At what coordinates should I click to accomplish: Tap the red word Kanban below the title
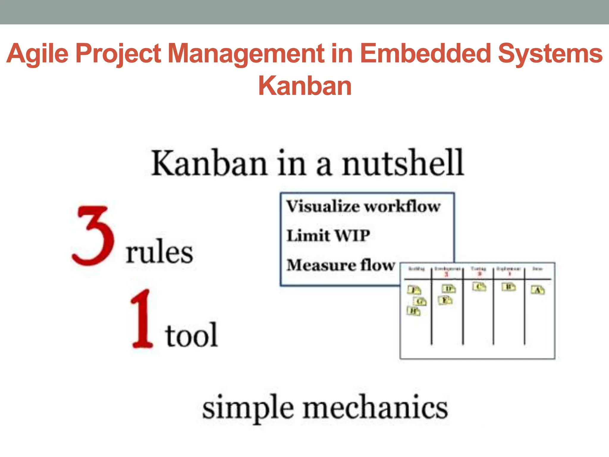[305, 86]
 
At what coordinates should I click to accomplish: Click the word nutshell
[403, 163]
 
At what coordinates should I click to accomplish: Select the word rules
[159, 252]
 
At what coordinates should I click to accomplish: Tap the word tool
[191, 336]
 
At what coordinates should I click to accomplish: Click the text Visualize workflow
[363, 206]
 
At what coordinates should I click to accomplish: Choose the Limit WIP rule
[328, 236]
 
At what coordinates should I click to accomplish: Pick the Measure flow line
[341, 265]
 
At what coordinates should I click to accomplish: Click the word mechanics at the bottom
[375, 408]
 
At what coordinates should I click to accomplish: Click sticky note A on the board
[538, 290]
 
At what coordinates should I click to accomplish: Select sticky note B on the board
[508, 287]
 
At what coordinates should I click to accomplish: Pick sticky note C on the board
[479, 287]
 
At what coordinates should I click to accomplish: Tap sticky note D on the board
[448, 289]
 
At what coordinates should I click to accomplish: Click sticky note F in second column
[445, 300]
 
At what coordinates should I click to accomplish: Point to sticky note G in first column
[420, 302]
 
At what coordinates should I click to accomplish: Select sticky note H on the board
[413, 311]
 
